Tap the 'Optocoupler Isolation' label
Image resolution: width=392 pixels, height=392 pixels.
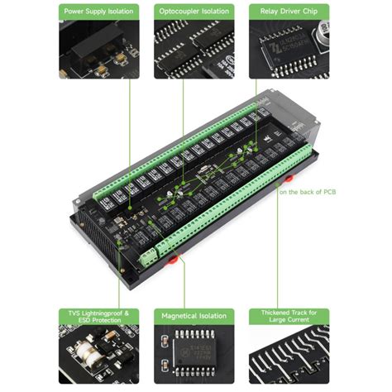pyautogui.click(x=194, y=12)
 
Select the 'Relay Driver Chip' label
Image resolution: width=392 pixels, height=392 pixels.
pyautogui.click(x=289, y=12)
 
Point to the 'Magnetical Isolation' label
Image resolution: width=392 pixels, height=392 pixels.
pyautogui.click(x=194, y=316)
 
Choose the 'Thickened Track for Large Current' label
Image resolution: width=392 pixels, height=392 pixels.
pyautogui.click(x=289, y=318)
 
